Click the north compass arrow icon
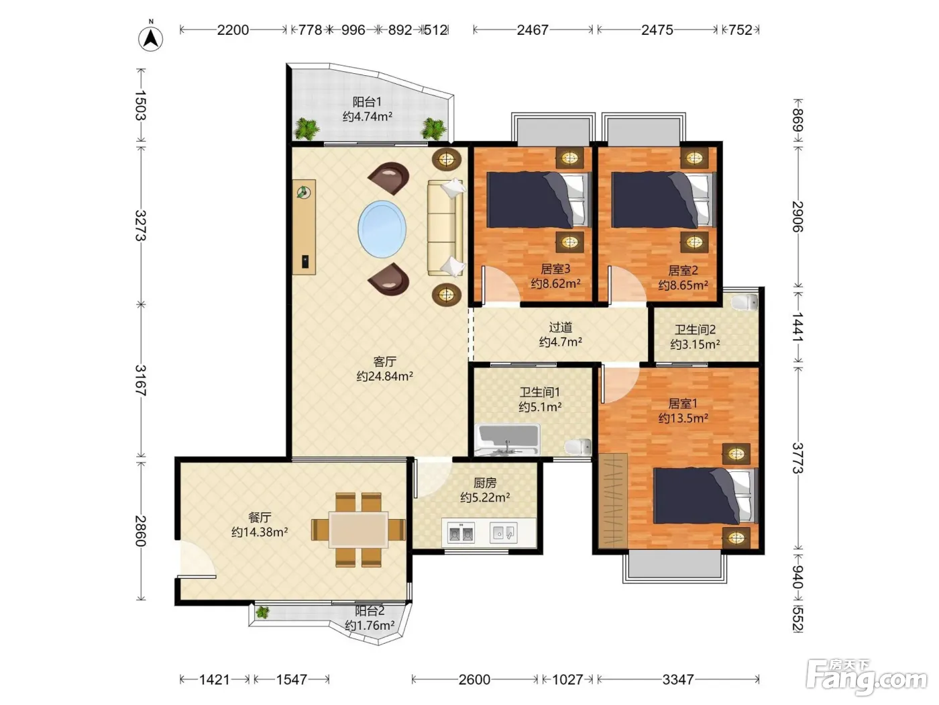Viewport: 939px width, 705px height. click(x=151, y=38)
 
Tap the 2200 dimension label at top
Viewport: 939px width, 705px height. click(x=233, y=30)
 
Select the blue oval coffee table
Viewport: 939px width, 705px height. click(x=382, y=229)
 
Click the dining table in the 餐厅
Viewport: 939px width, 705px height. click(x=358, y=530)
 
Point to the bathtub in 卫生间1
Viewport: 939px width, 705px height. click(x=508, y=440)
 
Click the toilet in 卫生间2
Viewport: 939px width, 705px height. click(x=744, y=302)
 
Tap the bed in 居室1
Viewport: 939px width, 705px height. click(x=705, y=496)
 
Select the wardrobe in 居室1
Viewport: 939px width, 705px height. click(x=612, y=501)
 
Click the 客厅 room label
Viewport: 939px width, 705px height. click(x=384, y=362)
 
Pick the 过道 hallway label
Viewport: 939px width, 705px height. click(x=561, y=328)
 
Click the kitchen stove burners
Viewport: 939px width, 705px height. click(x=461, y=533)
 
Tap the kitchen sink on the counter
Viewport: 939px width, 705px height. click(x=504, y=533)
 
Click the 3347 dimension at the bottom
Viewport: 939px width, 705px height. click(x=678, y=679)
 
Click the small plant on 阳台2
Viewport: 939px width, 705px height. click(x=262, y=612)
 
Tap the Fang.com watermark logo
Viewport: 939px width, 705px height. click(x=867, y=676)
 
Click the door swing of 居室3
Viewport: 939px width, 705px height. click(x=500, y=285)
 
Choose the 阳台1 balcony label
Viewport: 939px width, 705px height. click(x=367, y=102)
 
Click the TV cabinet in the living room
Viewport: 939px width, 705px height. click(x=304, y=227)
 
